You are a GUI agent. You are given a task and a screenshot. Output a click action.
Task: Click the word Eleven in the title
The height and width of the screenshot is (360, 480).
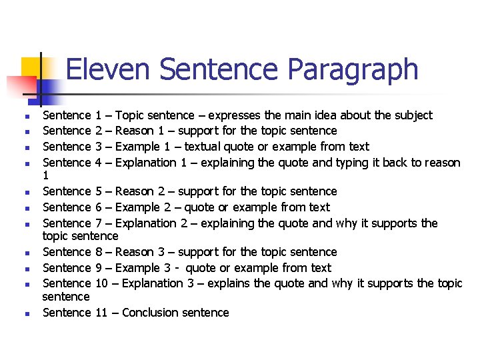109,69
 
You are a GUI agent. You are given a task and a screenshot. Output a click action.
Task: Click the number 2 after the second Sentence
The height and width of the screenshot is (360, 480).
99,131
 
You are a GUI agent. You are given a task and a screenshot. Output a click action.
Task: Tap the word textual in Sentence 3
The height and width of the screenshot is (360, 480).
205,147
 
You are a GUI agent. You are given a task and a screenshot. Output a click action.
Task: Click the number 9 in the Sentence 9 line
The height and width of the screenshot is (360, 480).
99,268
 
